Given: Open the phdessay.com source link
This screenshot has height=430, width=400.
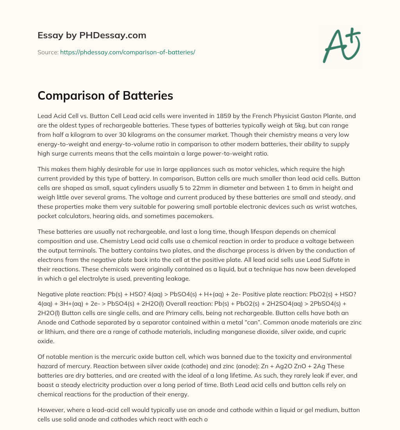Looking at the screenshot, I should pos(127,52).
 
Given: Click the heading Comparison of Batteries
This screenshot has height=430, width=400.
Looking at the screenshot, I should pos(105,95).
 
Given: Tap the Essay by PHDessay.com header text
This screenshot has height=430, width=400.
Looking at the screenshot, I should pos(92,35).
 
